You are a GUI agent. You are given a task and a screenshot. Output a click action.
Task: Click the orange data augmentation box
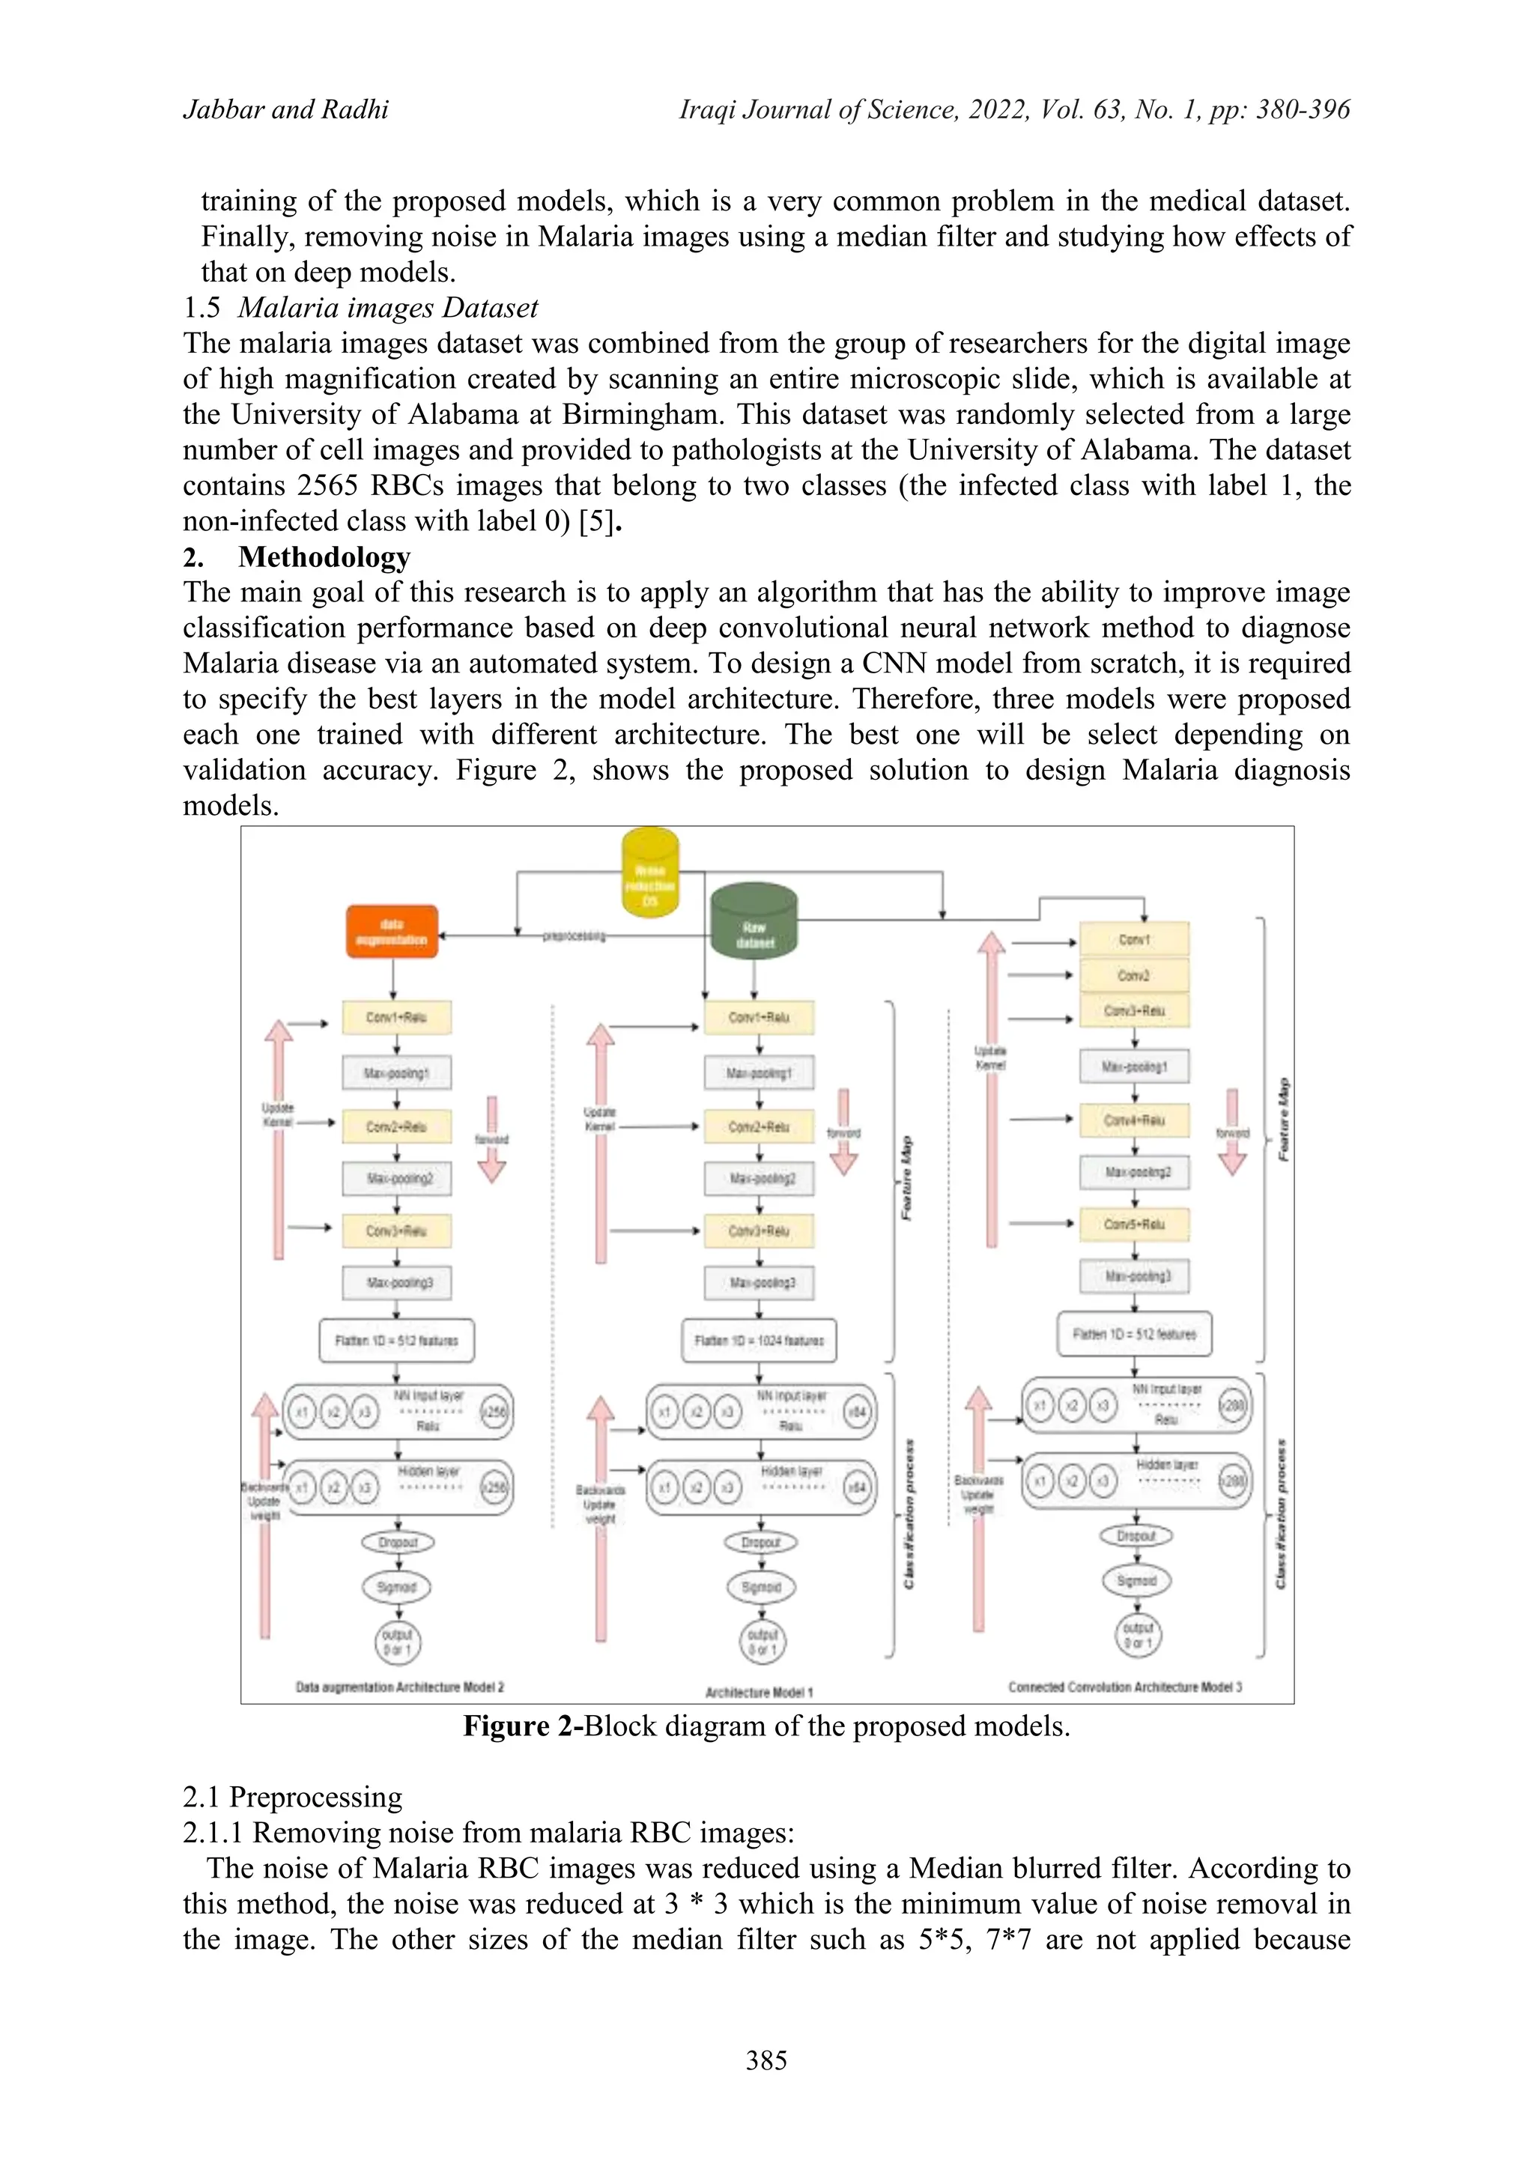coord(392,932)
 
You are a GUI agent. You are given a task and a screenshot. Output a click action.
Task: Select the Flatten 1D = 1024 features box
coord(759,1341)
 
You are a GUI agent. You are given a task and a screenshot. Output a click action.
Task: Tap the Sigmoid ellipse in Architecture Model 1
coord(761,1587)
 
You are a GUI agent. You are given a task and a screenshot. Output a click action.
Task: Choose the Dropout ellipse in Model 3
coord(1136,1536)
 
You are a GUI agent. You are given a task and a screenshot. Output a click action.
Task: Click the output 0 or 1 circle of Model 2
coord(397,1642)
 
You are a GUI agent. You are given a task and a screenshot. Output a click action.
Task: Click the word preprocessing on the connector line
coord(575,936)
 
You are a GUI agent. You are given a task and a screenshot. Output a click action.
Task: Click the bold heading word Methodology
coord(324,556)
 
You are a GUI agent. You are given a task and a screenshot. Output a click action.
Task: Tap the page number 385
coord(766,2060)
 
